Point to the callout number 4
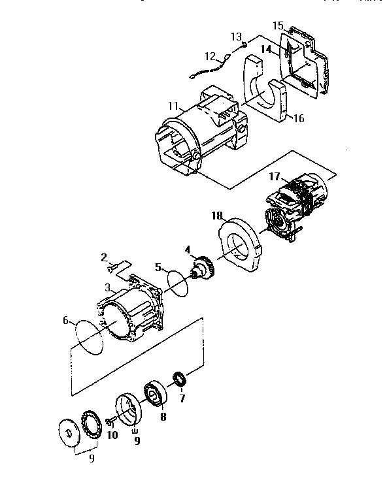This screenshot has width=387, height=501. pos(187,249)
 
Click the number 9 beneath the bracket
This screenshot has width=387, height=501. pos(92,458)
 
